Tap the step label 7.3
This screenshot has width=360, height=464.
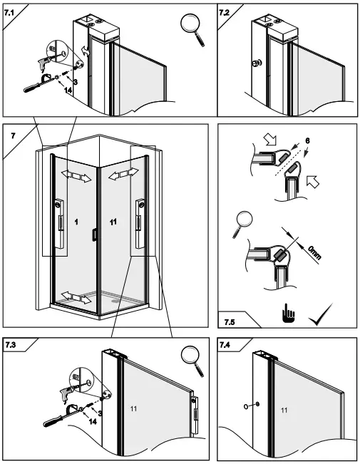click(11, 345)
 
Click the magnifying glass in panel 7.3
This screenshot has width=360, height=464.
click(190, 356)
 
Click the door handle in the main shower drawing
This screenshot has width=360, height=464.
click(93, 234)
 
